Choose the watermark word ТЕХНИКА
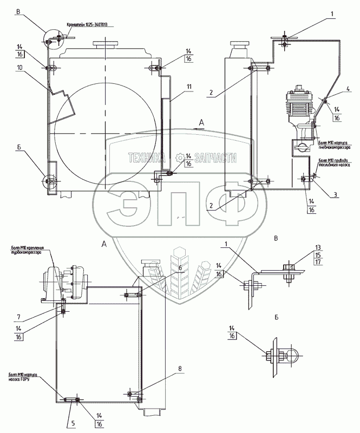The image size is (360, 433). [x=146, y=158]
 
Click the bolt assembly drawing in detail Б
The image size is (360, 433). [x=279, y=356]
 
